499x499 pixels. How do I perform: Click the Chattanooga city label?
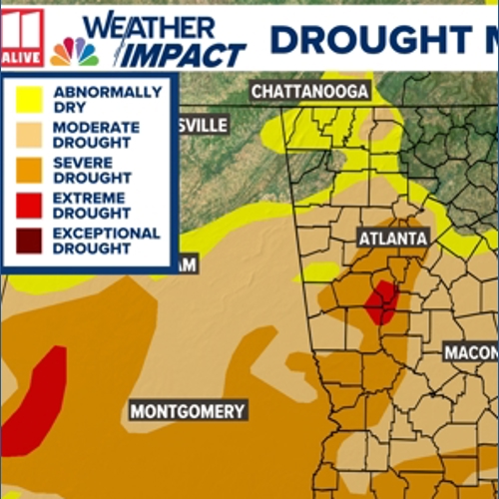[x=310, y=92]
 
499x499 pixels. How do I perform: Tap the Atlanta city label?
[x=393, y=239]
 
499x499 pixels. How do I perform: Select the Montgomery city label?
[x=188, y=411]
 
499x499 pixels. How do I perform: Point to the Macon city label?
[x=470, y=353]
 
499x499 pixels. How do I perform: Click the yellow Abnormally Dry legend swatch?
[x=27, y=99]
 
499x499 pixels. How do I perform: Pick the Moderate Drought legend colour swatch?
[x=27, y=135]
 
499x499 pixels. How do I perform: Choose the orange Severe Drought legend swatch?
[x=27, y=171]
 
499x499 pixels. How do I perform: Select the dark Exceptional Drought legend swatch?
[x=27, y=241]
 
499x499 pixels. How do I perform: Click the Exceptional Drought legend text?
[x=105, y=241]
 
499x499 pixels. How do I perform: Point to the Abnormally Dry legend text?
[x=106, y=99]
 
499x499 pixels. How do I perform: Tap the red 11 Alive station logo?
[x=22, y=40]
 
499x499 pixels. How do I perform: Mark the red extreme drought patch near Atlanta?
[x=380, y=301]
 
